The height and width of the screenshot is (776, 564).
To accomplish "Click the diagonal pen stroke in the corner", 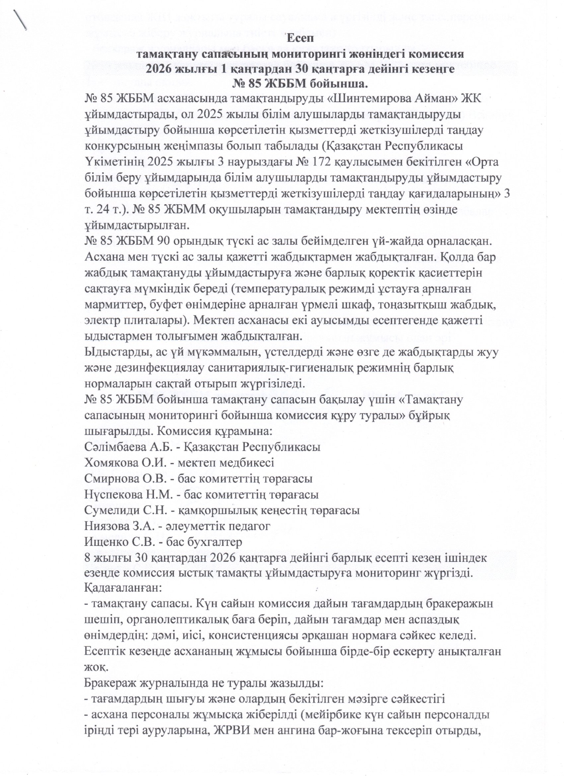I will (x=20, y=20).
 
